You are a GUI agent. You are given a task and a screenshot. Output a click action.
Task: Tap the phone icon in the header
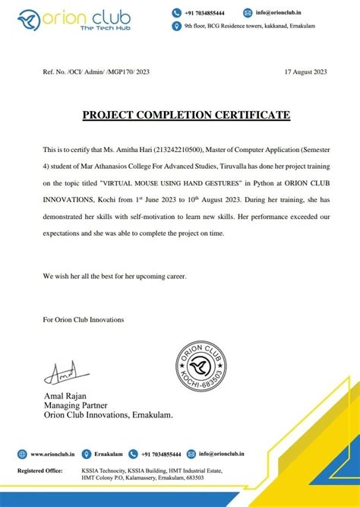(179, 13)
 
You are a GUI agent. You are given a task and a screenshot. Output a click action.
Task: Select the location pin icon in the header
(179, 26)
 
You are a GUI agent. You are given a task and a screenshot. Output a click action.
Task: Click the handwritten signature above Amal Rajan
(61, 372)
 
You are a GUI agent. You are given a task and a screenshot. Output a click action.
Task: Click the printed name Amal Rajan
(66, 397)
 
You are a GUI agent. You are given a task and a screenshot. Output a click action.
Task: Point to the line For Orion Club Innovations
(83, 319)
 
